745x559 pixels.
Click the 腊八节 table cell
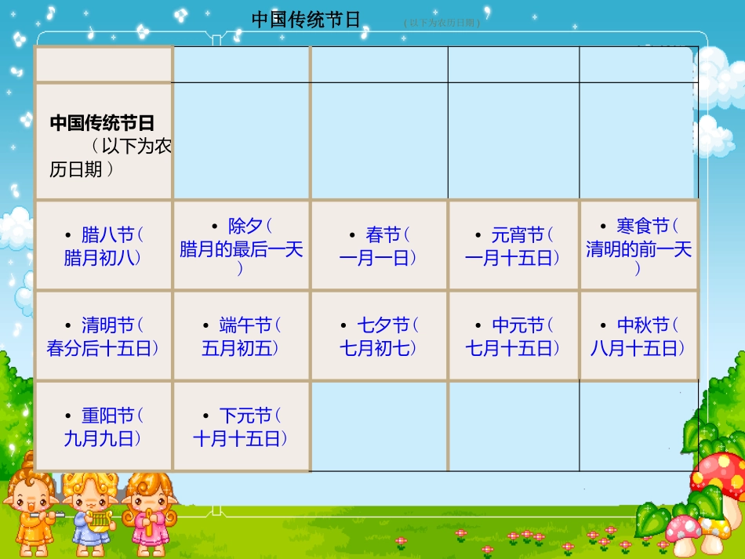point(104,245)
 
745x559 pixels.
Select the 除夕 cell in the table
point(242,245)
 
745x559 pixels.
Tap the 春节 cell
point(379,245)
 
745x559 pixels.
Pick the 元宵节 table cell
point(514,245)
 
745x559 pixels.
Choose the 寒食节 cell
point(638,245)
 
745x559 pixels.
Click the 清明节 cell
point(104,336)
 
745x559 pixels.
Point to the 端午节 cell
point(242,336)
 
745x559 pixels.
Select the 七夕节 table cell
point(379,336)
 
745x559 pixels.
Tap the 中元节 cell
point(514,336)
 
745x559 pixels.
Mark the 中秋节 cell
point(638,336)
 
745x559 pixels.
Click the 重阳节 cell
point(104,427)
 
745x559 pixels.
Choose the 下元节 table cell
point(242,427)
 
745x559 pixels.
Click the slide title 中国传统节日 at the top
point(306,20)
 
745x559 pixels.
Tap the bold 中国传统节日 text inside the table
point(102,123)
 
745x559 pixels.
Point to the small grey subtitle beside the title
point(442,23)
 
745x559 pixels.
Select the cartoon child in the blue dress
point(90,514)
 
